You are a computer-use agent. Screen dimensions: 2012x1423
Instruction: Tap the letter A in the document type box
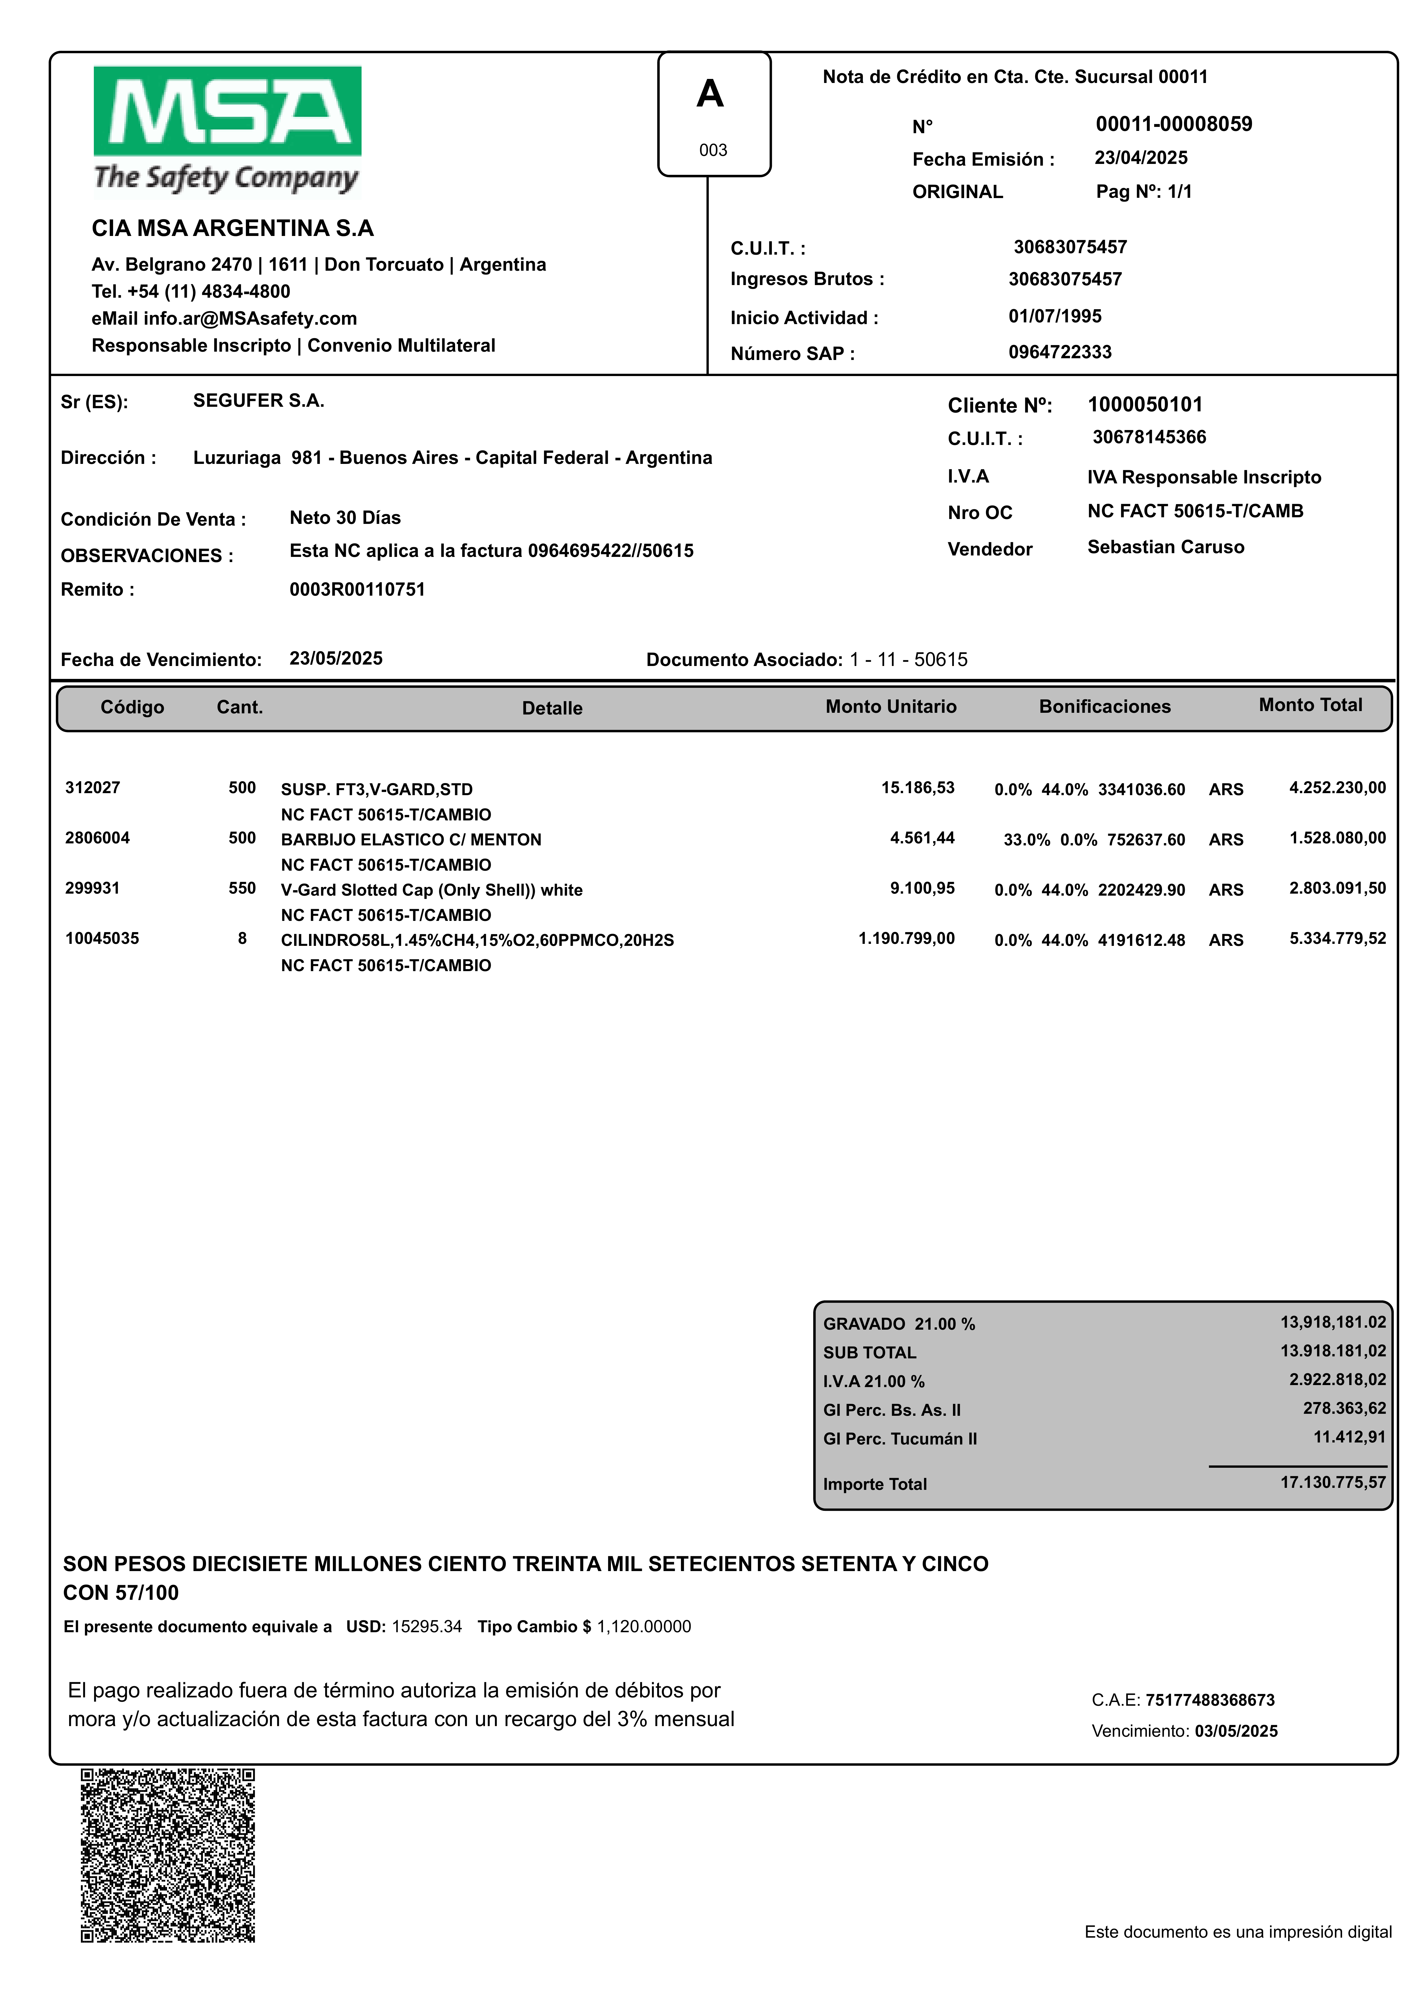pos(710,94)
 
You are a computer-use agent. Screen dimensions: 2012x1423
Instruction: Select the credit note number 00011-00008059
pos(1173,124)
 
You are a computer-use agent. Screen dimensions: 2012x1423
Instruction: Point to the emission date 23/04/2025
pos(1141,158)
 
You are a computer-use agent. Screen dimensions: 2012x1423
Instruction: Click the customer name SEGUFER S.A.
pos(259,400)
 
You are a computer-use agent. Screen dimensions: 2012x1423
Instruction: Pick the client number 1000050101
pos(1145,405)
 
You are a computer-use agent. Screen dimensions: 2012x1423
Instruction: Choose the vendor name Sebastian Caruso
pos(1165,547)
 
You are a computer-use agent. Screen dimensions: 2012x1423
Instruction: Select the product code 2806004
pos(97,838)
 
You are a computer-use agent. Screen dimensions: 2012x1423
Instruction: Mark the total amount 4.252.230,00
pos(1337,788)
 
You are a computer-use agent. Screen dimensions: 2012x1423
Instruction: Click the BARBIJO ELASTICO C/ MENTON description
pos(411,839)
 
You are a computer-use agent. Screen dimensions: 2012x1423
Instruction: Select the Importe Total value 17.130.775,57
pos(1333,1482)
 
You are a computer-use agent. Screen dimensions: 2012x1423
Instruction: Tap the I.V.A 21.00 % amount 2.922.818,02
pos(1337,1379)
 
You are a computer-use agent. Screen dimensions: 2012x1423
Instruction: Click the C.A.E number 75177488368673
pos(1210,1700)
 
